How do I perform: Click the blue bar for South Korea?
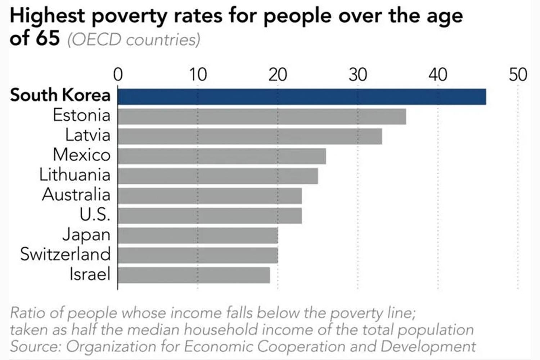click(302, 97)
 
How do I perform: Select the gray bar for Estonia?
click(262, 117)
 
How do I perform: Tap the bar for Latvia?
click(250, 136)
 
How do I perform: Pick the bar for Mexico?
click(222, 156)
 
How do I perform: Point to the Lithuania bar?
click(218, 176)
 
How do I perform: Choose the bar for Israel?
click(194, 275)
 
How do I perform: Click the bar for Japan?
click(198, 235)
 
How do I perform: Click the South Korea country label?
click(60, 95)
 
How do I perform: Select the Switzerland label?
click(65, 254)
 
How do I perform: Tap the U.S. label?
click(94, 215)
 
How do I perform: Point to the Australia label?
click(76, 195)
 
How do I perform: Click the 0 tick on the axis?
click(118, 75)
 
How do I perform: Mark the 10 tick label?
click(198, 75)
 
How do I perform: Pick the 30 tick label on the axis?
click(358, 75)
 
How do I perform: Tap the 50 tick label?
click(518, 75)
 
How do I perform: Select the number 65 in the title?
click(47, 39)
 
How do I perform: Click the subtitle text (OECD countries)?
click(134, 40)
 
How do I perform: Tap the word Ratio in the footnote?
click(28, 313)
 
